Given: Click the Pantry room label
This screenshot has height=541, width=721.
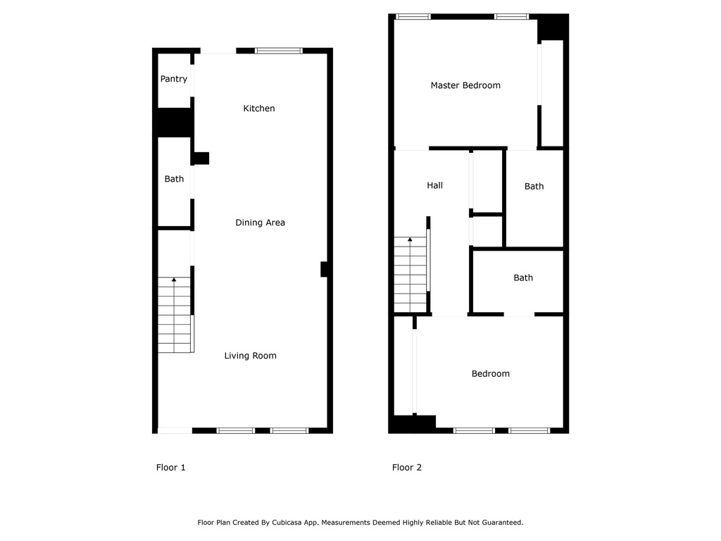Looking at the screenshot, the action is [x=174, y=79].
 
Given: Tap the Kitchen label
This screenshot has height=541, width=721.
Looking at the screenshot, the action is [x=259, y=108].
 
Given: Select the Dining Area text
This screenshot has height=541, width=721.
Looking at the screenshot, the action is [x=261, y=223].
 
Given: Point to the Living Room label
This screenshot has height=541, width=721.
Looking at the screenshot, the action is [x=250, y=356].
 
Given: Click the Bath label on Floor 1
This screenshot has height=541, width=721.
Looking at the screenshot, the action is [x=175, y=179].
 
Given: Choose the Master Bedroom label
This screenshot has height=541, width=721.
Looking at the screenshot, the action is [x=465, y=85].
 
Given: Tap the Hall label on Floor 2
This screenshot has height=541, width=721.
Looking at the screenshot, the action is [x=434, y=185].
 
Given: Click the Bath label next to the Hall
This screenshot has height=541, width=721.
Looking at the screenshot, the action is [x=534, y=186].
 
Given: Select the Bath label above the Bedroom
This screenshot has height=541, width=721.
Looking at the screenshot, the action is [x=523, y=278].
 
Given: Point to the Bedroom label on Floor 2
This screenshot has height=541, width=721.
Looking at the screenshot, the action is [x=491, y=374].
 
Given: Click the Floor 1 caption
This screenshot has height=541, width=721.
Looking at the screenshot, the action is [x=170, y=468].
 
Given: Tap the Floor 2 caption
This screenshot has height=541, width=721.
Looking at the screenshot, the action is [x=406, y=468].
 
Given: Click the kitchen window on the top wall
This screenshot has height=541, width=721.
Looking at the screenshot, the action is [x=279, y=51].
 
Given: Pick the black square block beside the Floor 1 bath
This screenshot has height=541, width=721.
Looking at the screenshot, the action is [x=201, y=158].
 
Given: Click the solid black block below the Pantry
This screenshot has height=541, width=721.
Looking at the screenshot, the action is [x=174, y=123].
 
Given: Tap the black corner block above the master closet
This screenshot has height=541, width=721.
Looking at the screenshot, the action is [x=553, y=27].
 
